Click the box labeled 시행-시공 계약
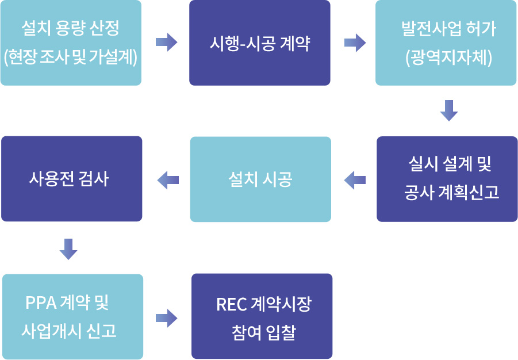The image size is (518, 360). tap(260, 43)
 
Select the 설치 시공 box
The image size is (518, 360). tap(260, 179)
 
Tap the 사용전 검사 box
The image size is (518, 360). tap(72, 179)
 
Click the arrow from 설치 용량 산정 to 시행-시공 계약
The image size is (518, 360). tap(167, 43)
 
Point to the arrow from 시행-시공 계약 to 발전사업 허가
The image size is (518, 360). tap(355, 43)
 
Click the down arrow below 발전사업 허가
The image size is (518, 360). tap(449, 111)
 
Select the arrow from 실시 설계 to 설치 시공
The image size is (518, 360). tap(355, 180)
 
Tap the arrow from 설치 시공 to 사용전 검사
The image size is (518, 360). tap(168, 180)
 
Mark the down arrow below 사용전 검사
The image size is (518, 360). tap(68, 249)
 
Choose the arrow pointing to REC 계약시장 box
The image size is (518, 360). tap(167, 319)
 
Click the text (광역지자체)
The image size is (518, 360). tap(448, 58)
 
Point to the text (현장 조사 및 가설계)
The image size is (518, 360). tap(71, 57)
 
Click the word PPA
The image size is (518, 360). tap(41, 302)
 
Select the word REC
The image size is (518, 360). tap(232, 304)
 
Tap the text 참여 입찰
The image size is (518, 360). tap(264, 332)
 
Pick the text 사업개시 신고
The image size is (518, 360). tap(69, 330)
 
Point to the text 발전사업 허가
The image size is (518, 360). tap(448, 29)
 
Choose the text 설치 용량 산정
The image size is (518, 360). tap(70, 28)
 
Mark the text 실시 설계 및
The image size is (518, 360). tap(450, 164)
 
